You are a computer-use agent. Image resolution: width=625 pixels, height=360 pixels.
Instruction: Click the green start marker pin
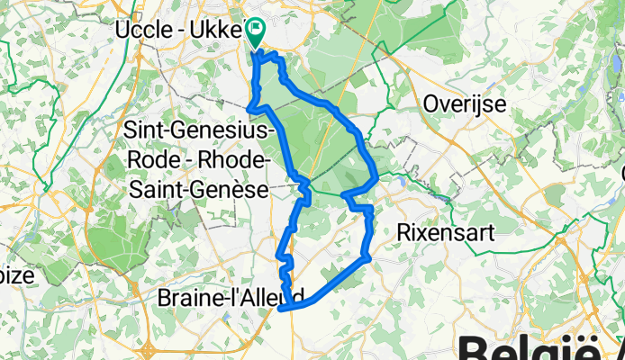[x=255, y=34]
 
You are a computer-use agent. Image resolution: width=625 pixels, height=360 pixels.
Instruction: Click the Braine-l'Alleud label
[x=231, y=296]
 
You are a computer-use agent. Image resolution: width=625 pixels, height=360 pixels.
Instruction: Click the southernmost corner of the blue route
[x=283, y=309]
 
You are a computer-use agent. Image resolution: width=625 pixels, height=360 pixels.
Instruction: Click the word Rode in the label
[x=171, y=159]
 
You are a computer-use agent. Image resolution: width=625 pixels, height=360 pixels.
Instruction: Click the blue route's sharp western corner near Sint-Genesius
[x=249, y=109]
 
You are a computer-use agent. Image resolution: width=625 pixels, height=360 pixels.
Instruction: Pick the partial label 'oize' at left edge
[x=16, y=276]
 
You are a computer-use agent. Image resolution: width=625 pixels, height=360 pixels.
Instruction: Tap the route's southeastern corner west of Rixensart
[x=368, y=259]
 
